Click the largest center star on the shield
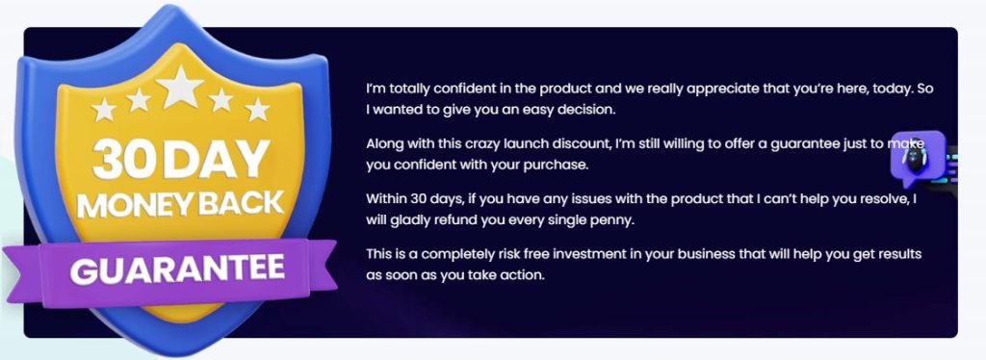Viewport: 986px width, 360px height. (x=181, y=88)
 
